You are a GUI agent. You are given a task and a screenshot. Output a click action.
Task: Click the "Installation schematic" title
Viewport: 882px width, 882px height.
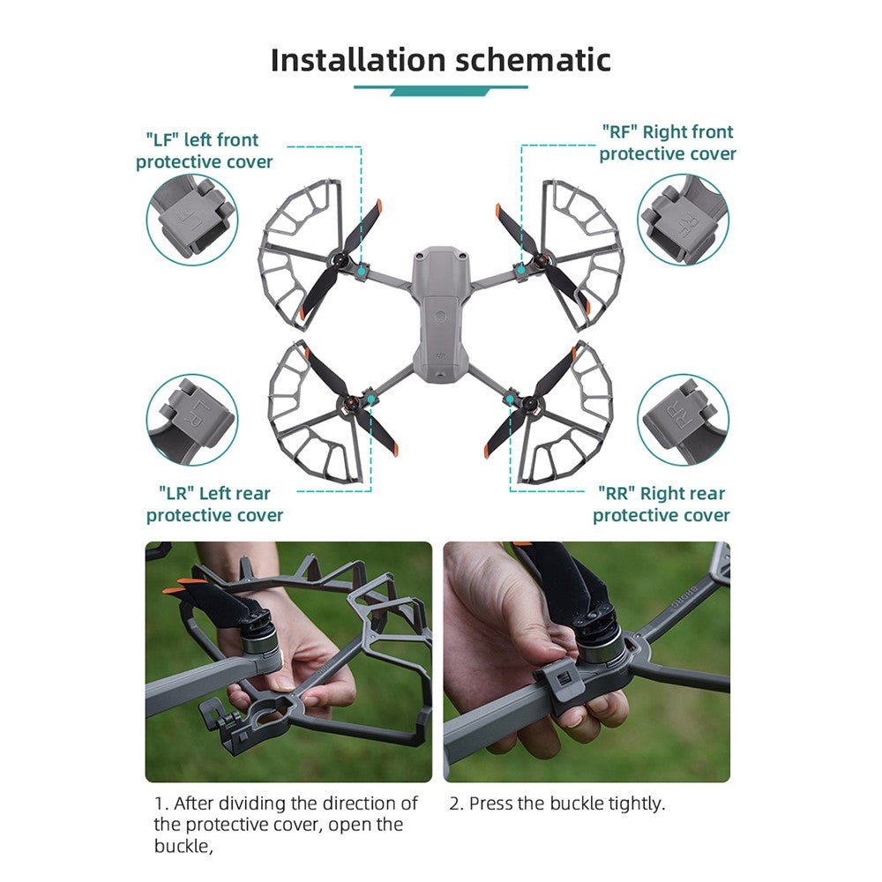click(440, 60)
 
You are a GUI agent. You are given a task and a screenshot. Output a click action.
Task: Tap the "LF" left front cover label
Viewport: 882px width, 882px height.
click(204, 151)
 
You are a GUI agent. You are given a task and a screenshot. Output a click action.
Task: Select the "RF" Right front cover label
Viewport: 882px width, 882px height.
click(668, 143)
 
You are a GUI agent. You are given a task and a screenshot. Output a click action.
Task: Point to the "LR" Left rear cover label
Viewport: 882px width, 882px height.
click(214, 504)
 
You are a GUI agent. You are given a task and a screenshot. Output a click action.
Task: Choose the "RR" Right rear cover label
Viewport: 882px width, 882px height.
click(661, 504)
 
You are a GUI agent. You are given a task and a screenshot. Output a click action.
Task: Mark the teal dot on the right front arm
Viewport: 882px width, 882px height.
click(521, 270)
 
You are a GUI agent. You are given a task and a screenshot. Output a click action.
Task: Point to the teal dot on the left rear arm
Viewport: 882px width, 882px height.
click(371, 400)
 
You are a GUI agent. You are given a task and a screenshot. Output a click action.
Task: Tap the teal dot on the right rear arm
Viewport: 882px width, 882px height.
click(510, 400)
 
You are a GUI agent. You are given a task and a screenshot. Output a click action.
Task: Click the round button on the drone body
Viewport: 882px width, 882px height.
click(440, 317)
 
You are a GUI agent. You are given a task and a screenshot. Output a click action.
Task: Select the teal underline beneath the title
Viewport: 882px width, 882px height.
click(440, 90)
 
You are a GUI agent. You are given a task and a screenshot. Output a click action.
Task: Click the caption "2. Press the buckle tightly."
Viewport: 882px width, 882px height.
click(557, 804)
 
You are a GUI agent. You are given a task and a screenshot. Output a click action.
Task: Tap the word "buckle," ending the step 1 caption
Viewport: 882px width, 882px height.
click(183, 846)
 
